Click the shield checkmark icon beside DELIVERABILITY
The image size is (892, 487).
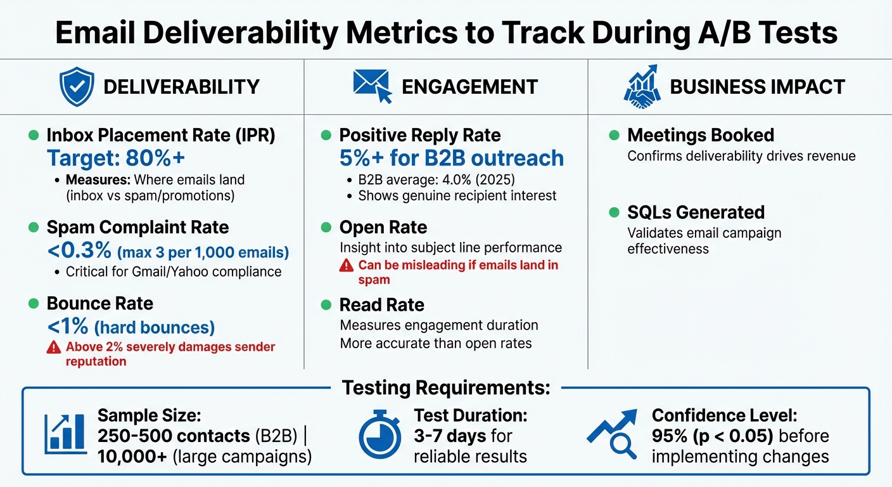coord(76,87)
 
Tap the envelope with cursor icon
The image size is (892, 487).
coord(373,86)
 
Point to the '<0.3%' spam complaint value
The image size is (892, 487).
coord(79,251)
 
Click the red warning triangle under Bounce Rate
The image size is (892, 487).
coord(54,347)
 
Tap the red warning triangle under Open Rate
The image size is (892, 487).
coord(347,266)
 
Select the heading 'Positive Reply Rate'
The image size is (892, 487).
coord(419,135)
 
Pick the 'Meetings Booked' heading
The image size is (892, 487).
coord(700,135)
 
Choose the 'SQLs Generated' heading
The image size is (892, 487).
coord(696,212)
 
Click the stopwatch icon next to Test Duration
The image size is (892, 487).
coord(379,435)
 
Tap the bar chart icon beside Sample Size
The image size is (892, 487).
coord(65,434)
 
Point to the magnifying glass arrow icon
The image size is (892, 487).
coord(612,434)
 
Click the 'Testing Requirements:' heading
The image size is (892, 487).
coord(446,387)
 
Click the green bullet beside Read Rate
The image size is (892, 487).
coord(326,305)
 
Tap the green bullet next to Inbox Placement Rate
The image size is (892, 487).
coord(34,135)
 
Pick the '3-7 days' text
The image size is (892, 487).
coord(450,436)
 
